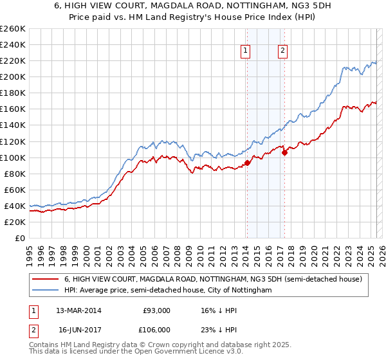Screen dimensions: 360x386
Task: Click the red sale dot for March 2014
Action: pyautogui.click(x=247, y=163)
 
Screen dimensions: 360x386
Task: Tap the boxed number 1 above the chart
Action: pyautogui.click(x=246, y=52)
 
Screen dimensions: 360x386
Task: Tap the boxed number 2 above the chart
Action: pyautogui.click(x=282, y=52)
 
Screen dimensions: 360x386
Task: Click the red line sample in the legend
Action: pyautogui.click(x=44, y=280)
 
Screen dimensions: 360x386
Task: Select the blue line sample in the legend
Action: pyautogui.click(x=44, y=291)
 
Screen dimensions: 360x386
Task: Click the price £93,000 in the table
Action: pyautogui.click(x=156, y=310)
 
